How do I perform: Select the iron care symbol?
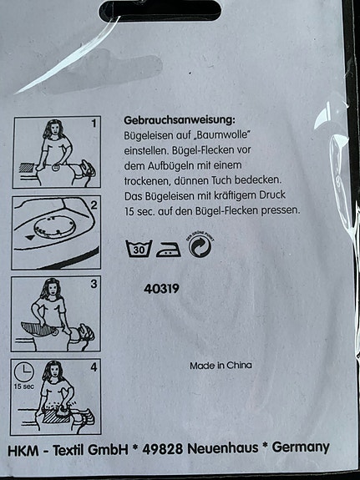click(x=169, y=248)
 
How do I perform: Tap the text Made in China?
click(x=221, y=366)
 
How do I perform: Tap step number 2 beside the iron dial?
click(x=94, y=205)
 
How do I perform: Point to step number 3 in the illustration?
click(x=94, y=285)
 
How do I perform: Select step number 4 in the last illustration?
click(x=94, y=366)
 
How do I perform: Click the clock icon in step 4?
click(x=25, y=371)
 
